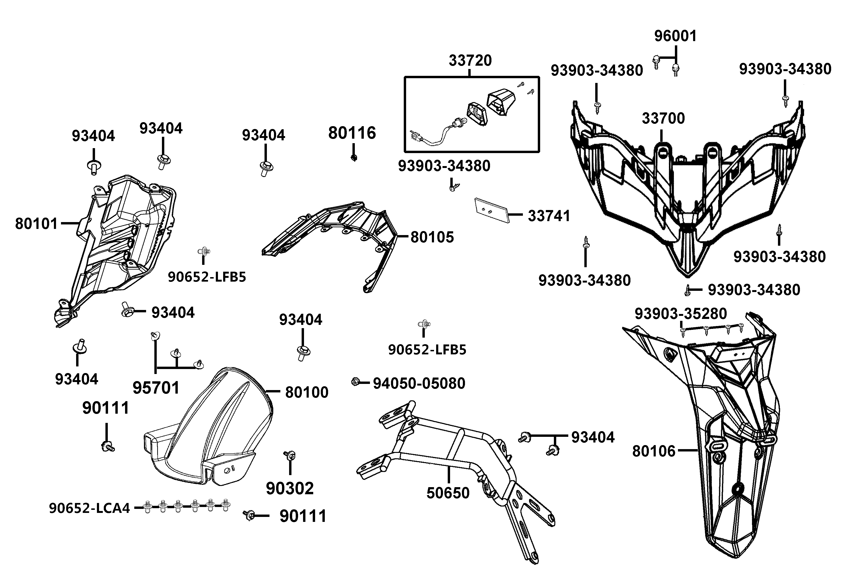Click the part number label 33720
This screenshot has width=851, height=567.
pyautogui.click(x=470, y=60)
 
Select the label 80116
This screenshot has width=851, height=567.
pyautogui.click(x=352, y=133)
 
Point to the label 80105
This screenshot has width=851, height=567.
pyautogui.click(x=432, y=237)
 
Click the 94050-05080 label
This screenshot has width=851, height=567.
pyautogui.click(x=419, y=383)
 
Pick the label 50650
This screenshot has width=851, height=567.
pyautogui.click(x=448, y=493)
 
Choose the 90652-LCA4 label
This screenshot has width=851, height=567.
pyautogui.click(x=89, y=508)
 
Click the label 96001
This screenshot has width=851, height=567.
pyautogui.click(x=675, y=36)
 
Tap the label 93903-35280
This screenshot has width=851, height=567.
pyautogui.click(x=681, y=314)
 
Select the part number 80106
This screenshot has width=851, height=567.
pyautogui.click(x=653, y=451)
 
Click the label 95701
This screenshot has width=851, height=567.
pyautogui.click(x=156, y=388)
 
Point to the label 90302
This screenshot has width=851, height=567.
pyautogui.click(x=290, y=489)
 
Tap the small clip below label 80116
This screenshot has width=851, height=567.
pyautogui.click(x=354, y=158)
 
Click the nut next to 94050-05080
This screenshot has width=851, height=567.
pyautogui.click(x=355, y=382)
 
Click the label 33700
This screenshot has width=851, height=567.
pyautogui.click(x=663, y=119)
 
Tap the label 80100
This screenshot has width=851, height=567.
pyautogui.click(x=306, y=392)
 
